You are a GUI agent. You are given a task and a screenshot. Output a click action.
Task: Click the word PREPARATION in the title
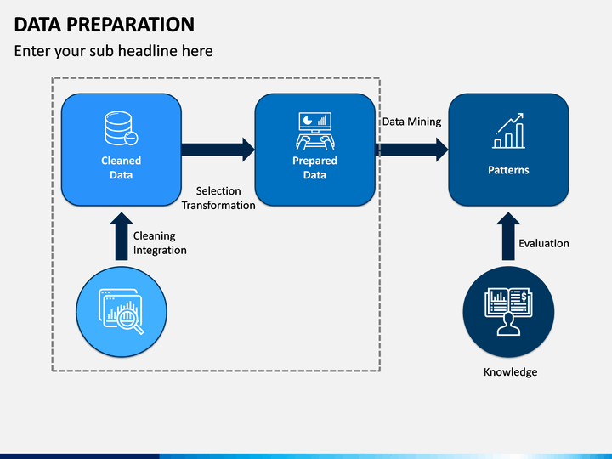coord(130,24)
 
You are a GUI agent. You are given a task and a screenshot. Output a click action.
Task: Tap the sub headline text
coord(113,51)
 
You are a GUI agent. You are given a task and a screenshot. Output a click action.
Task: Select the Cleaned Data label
coord(121,167)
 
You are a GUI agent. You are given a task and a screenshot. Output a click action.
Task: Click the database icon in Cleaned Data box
coord(121,128)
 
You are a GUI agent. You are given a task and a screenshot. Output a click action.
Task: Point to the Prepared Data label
coord(314,167)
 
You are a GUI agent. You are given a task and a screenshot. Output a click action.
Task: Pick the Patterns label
coord(508,170)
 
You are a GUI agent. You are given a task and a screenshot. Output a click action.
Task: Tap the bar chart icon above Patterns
coord(508,131)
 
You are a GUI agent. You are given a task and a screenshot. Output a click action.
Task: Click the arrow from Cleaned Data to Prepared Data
coord(218,150)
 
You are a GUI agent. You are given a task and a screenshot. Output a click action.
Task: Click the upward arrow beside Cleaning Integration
coord(122,236)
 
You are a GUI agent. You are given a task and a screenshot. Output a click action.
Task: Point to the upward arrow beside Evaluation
coord(508,236)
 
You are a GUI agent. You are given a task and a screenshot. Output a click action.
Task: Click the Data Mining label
coord(411,122)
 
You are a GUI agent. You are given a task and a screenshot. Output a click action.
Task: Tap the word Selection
coord(218,191)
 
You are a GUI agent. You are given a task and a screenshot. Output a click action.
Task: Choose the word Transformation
coord(218,206)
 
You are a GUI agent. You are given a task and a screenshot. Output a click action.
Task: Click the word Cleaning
coord(154,236)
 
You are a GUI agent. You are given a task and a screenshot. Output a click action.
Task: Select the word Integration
coord(160,250)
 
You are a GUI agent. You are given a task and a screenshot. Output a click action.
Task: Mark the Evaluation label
coord(544,244)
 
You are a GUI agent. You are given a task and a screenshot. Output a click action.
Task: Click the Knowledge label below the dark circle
coord(510,372)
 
